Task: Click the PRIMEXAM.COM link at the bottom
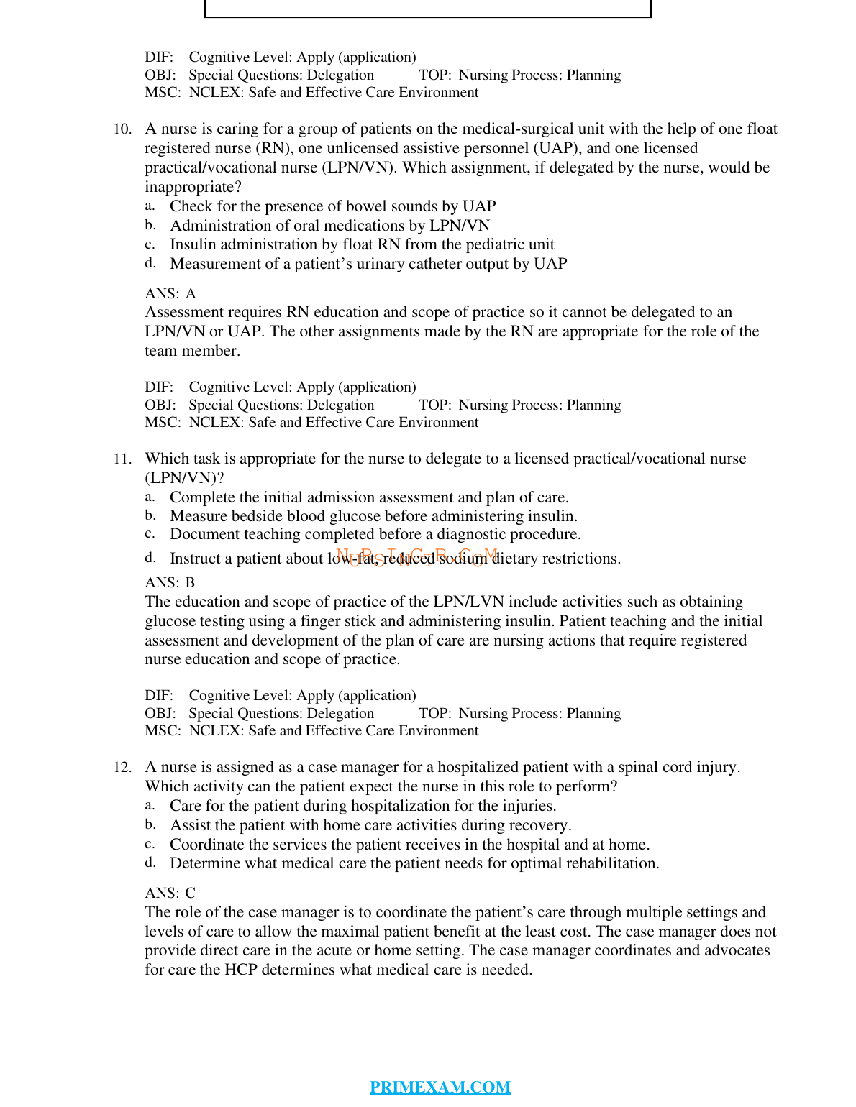440,1087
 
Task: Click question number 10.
122,129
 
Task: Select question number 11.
122,459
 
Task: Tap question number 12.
122,768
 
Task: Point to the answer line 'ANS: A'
170,293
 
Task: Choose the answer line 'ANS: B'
170,582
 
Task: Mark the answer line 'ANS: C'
170,893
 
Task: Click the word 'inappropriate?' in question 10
193,187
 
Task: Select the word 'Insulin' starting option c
193,244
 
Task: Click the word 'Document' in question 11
204,534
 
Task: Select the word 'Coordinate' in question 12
206,845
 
